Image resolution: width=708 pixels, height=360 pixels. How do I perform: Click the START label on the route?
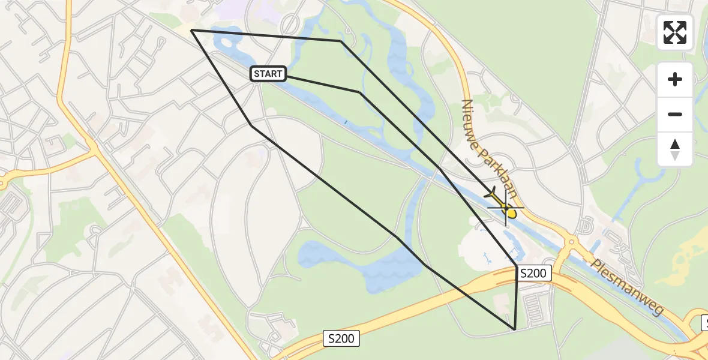[x=268, y=74]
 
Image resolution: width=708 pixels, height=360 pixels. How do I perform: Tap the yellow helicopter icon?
[x=503, y=205]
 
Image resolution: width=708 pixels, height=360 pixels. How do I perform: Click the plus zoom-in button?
[x=675, y=79]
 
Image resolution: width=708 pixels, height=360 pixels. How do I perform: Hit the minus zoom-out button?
[x=675, y=114]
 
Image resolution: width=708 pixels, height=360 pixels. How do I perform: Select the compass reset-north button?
[x=675, y=149]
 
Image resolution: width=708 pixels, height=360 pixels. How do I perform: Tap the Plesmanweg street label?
[x=627, y=287]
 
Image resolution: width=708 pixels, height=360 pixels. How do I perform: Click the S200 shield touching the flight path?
[x=533, y=274]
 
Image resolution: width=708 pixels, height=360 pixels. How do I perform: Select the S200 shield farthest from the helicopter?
[x=341, y=338]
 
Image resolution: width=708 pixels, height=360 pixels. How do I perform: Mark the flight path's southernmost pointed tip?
[x=515, y=329]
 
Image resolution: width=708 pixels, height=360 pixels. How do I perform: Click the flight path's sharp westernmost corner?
[x=191, y=29]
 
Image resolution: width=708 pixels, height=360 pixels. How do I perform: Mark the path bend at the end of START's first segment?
[x=359, y=92]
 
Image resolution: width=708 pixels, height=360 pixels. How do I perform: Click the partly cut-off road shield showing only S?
[x=703, y=324]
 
